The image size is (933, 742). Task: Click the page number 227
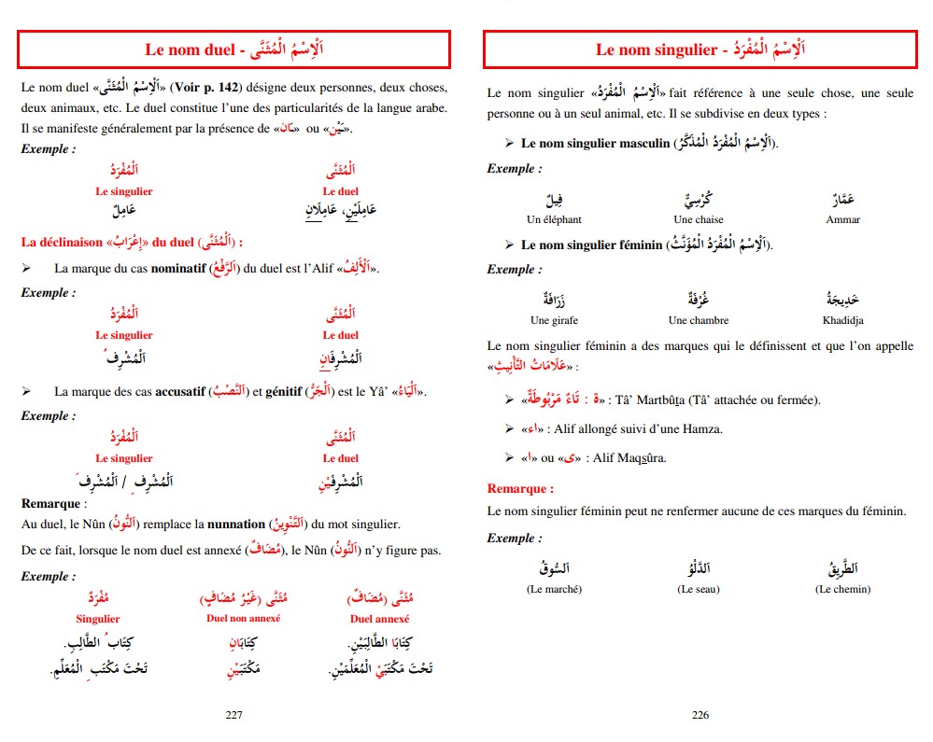(x=234, y=715)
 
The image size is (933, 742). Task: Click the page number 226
(x=700, y=715)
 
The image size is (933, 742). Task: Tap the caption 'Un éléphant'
(x=554, y=220)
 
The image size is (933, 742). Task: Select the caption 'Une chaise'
(x=697, y=220)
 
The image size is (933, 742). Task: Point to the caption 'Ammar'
(x=842, y=220)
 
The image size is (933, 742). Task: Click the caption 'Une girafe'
(x=554, y=321)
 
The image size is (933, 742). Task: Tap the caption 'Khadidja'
(x=842, y=321)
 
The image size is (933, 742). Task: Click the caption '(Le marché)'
(x=554, y=589)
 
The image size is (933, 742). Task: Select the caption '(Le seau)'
(x=697, y=589)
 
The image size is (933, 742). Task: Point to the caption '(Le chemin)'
(x=842, y=589)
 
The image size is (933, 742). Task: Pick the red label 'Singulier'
(x=98, y=619)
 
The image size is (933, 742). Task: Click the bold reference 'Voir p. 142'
(x=211, y=87)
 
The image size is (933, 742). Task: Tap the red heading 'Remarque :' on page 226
(x=520, y=489)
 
